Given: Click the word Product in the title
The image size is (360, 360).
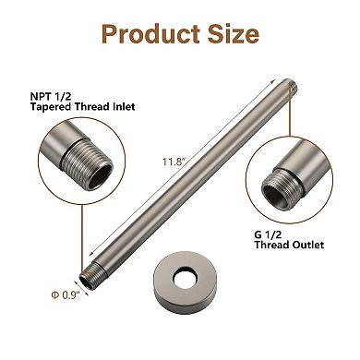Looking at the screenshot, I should point(145,35).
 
